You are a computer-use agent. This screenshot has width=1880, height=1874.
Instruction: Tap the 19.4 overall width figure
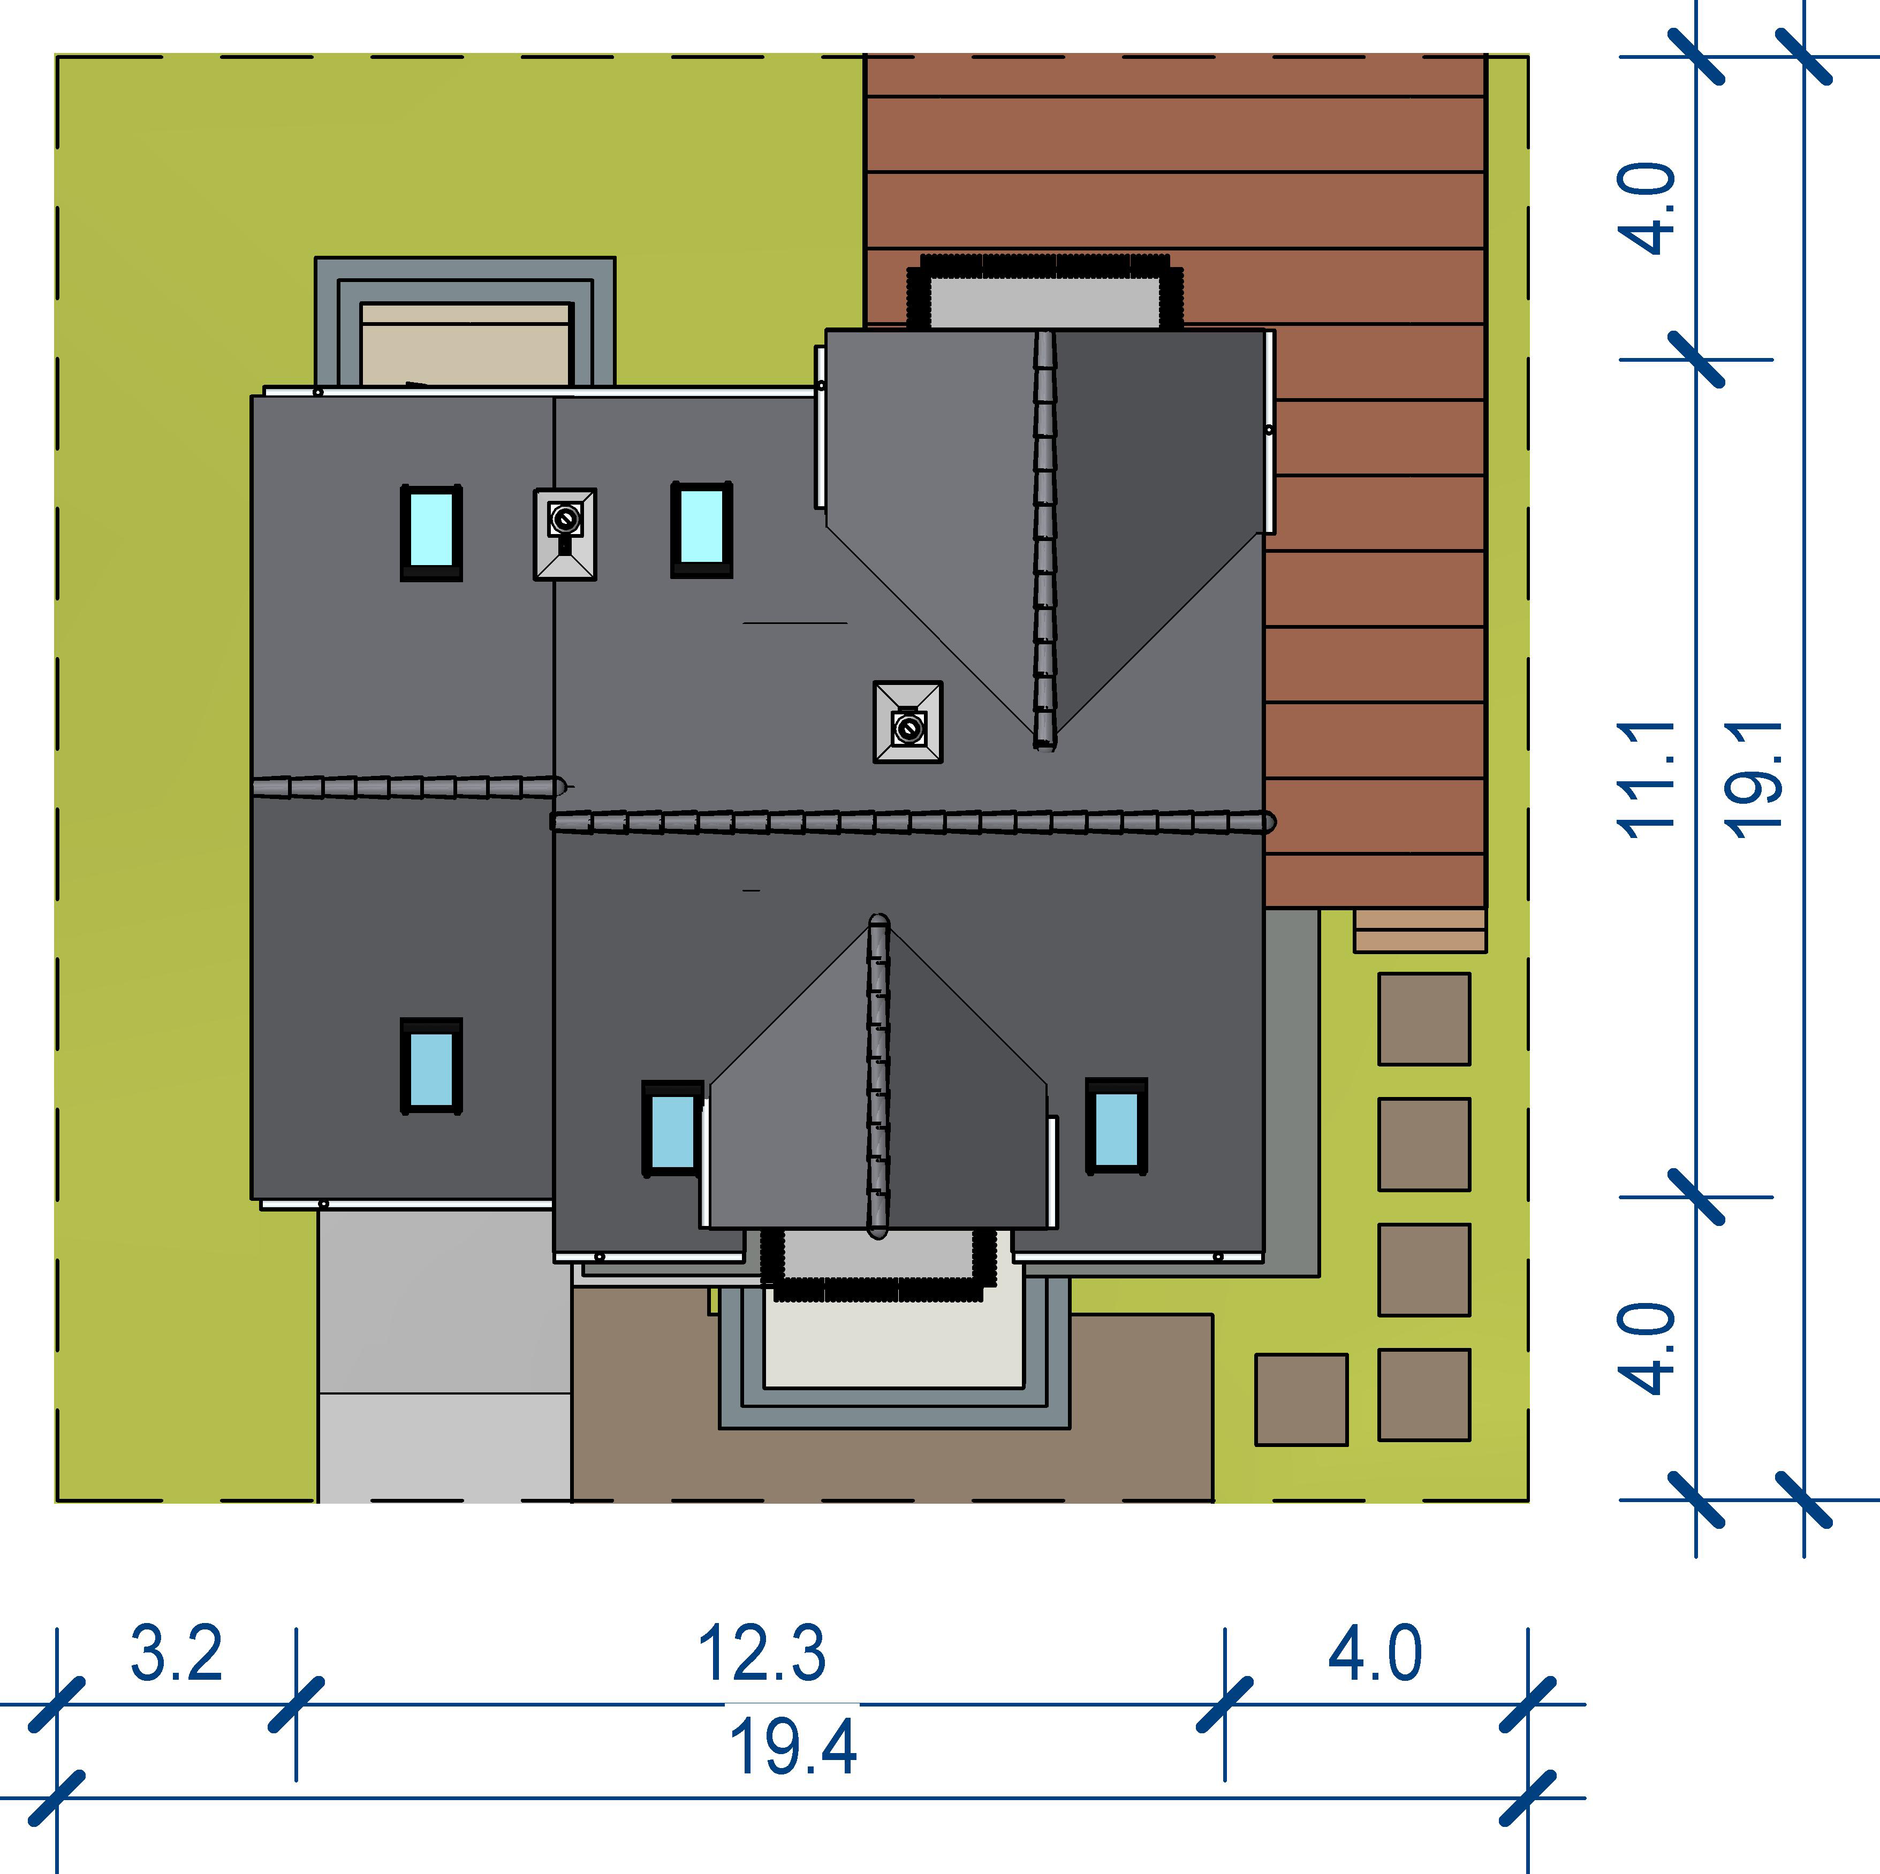[793, 1748]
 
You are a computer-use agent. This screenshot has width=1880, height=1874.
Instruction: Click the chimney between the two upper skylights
[564, 534]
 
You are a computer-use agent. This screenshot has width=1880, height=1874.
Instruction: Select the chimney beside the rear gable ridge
[908, 722]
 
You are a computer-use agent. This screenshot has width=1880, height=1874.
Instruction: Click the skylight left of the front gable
[671, 1129]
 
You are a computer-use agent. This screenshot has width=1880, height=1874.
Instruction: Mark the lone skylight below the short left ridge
[431, 1065]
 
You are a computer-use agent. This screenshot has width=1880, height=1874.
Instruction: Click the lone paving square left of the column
[1301, 1399]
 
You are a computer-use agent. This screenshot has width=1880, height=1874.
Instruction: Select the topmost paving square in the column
[1423, 1019]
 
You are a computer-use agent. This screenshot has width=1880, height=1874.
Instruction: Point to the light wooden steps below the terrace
[1420, 930]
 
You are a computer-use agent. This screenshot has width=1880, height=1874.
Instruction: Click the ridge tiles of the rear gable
[1045, 540]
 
